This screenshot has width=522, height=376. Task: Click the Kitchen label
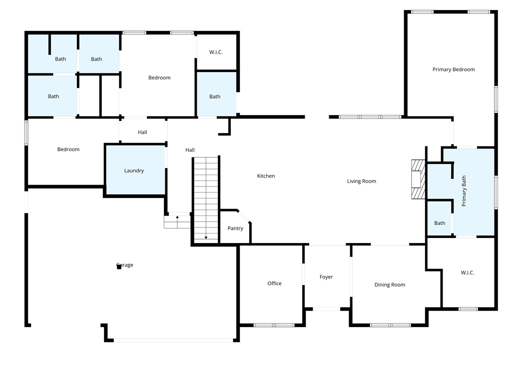(266, 176)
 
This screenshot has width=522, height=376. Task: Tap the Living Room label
(361, 181)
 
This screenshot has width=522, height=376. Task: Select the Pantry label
(235, 228)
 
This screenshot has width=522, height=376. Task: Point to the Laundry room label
(134, 170)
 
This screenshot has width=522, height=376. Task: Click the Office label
(274, 283)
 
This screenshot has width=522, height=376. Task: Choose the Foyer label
(326, 277)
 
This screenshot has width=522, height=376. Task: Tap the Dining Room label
(390, 284)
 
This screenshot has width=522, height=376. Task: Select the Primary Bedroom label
(453, 69)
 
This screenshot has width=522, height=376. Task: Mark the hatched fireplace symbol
(416, 179)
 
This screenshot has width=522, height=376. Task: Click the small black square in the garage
(119, 267)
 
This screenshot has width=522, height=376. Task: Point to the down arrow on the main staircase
(206, 237)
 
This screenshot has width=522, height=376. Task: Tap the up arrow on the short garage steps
(177, 218)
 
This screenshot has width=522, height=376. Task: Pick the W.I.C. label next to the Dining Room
(467, 272)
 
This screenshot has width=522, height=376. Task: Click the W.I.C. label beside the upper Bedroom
(216, 52)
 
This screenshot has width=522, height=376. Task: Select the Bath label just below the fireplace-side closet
(440, 223)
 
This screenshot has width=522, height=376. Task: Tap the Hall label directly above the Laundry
(142, 132)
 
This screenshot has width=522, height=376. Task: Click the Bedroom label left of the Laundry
(68, 149)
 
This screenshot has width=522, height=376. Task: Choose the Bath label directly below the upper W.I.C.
(215, 96)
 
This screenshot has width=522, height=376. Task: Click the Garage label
(125, 265)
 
